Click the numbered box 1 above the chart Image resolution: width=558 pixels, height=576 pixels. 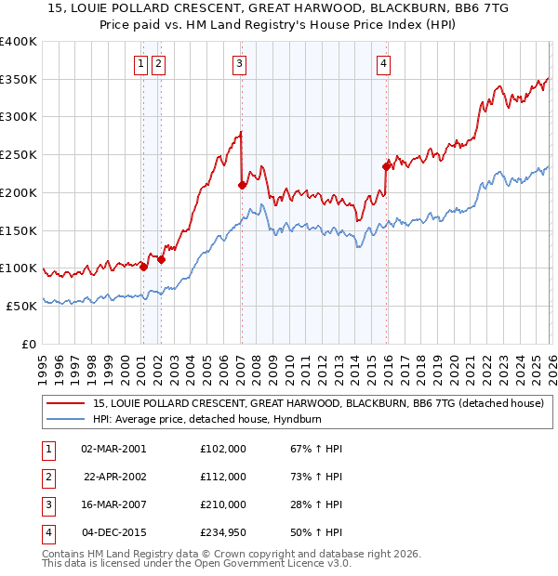(x=140, y=64)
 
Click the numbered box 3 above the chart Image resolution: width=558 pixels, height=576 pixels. (x=239, y=64)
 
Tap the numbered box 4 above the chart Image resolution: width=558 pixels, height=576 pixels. (x=383, y=64)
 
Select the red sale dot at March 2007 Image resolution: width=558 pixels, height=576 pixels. (x=242, y=185)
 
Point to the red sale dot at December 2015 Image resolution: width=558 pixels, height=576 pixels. (x=387, y=166)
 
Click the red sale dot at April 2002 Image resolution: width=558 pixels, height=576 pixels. (x=161, y=259)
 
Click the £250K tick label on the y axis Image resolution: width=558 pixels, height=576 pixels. (x=19, y=154)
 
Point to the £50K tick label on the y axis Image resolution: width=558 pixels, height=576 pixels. (x=22, y=306)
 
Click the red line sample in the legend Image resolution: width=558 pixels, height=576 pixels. (x=65, y=403)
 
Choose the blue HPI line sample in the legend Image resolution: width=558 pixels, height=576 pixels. (x=65, y=419)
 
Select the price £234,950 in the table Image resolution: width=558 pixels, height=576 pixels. (x=223, y=532)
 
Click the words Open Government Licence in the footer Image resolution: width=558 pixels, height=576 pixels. (x=276, y=563)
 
